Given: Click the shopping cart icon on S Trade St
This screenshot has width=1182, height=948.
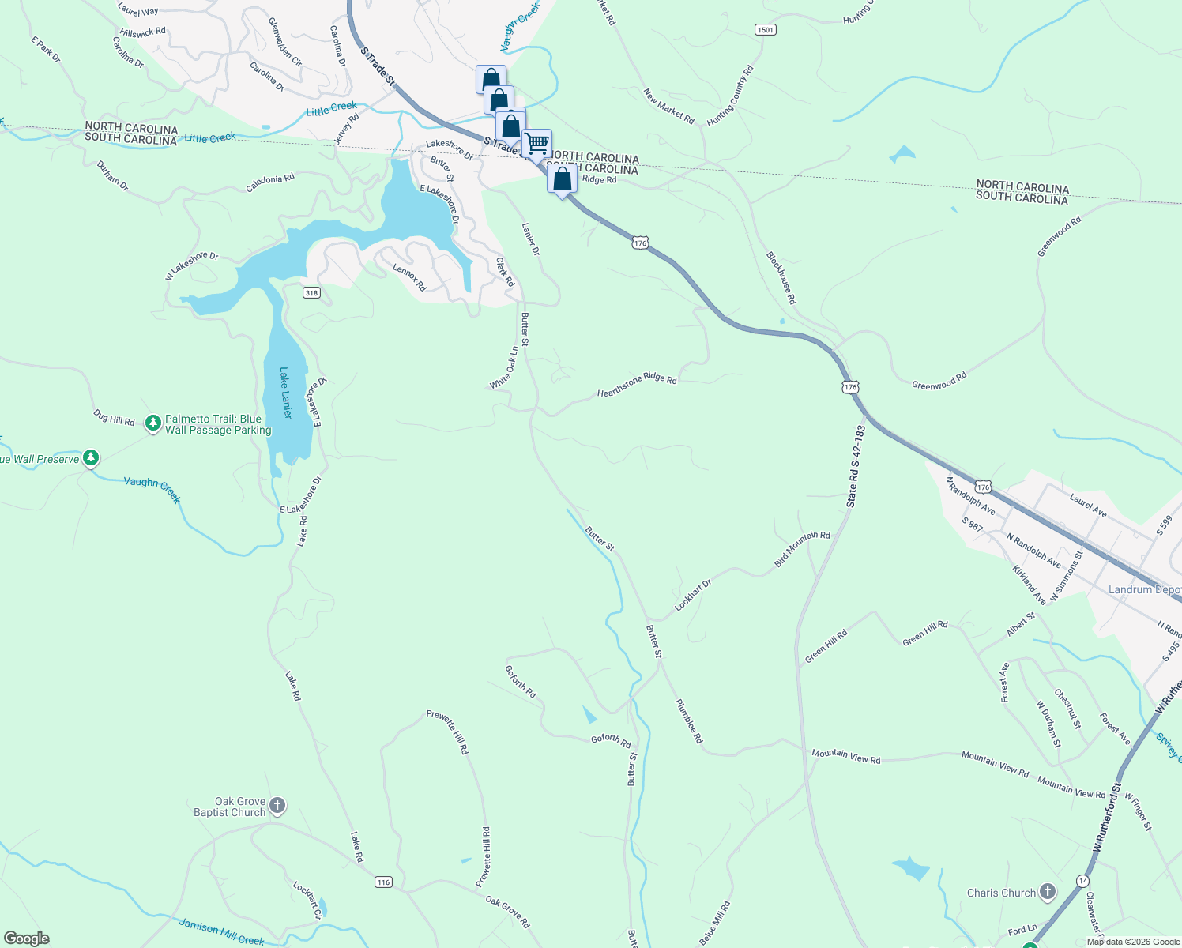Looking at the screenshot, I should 536,144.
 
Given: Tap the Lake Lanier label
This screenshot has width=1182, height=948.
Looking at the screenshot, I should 286,393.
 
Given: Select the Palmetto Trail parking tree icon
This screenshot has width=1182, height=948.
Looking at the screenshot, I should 153,424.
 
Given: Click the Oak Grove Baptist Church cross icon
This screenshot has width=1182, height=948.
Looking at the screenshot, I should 277,806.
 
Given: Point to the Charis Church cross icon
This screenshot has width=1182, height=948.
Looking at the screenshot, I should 1047,893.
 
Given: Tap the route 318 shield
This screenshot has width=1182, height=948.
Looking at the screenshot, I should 311,293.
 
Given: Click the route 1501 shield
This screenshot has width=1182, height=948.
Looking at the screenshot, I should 765,30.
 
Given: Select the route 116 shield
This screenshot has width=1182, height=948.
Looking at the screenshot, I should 383,882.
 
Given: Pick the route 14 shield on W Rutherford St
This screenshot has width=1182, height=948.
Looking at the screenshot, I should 1082,880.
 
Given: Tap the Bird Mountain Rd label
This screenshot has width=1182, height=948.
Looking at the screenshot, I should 802,549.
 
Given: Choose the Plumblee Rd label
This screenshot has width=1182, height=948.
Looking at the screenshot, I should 688,721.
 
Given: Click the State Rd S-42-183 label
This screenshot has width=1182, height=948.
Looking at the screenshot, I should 856,466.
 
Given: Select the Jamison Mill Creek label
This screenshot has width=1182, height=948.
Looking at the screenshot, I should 221,932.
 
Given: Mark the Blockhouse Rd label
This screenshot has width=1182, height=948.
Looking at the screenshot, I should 781,278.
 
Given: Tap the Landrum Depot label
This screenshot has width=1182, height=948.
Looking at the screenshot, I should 1144,590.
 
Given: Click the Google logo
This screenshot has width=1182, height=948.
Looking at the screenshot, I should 27,939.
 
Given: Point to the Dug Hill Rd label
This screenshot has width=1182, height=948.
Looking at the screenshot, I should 114,418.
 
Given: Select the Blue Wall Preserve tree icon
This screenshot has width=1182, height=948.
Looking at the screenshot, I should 91,458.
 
